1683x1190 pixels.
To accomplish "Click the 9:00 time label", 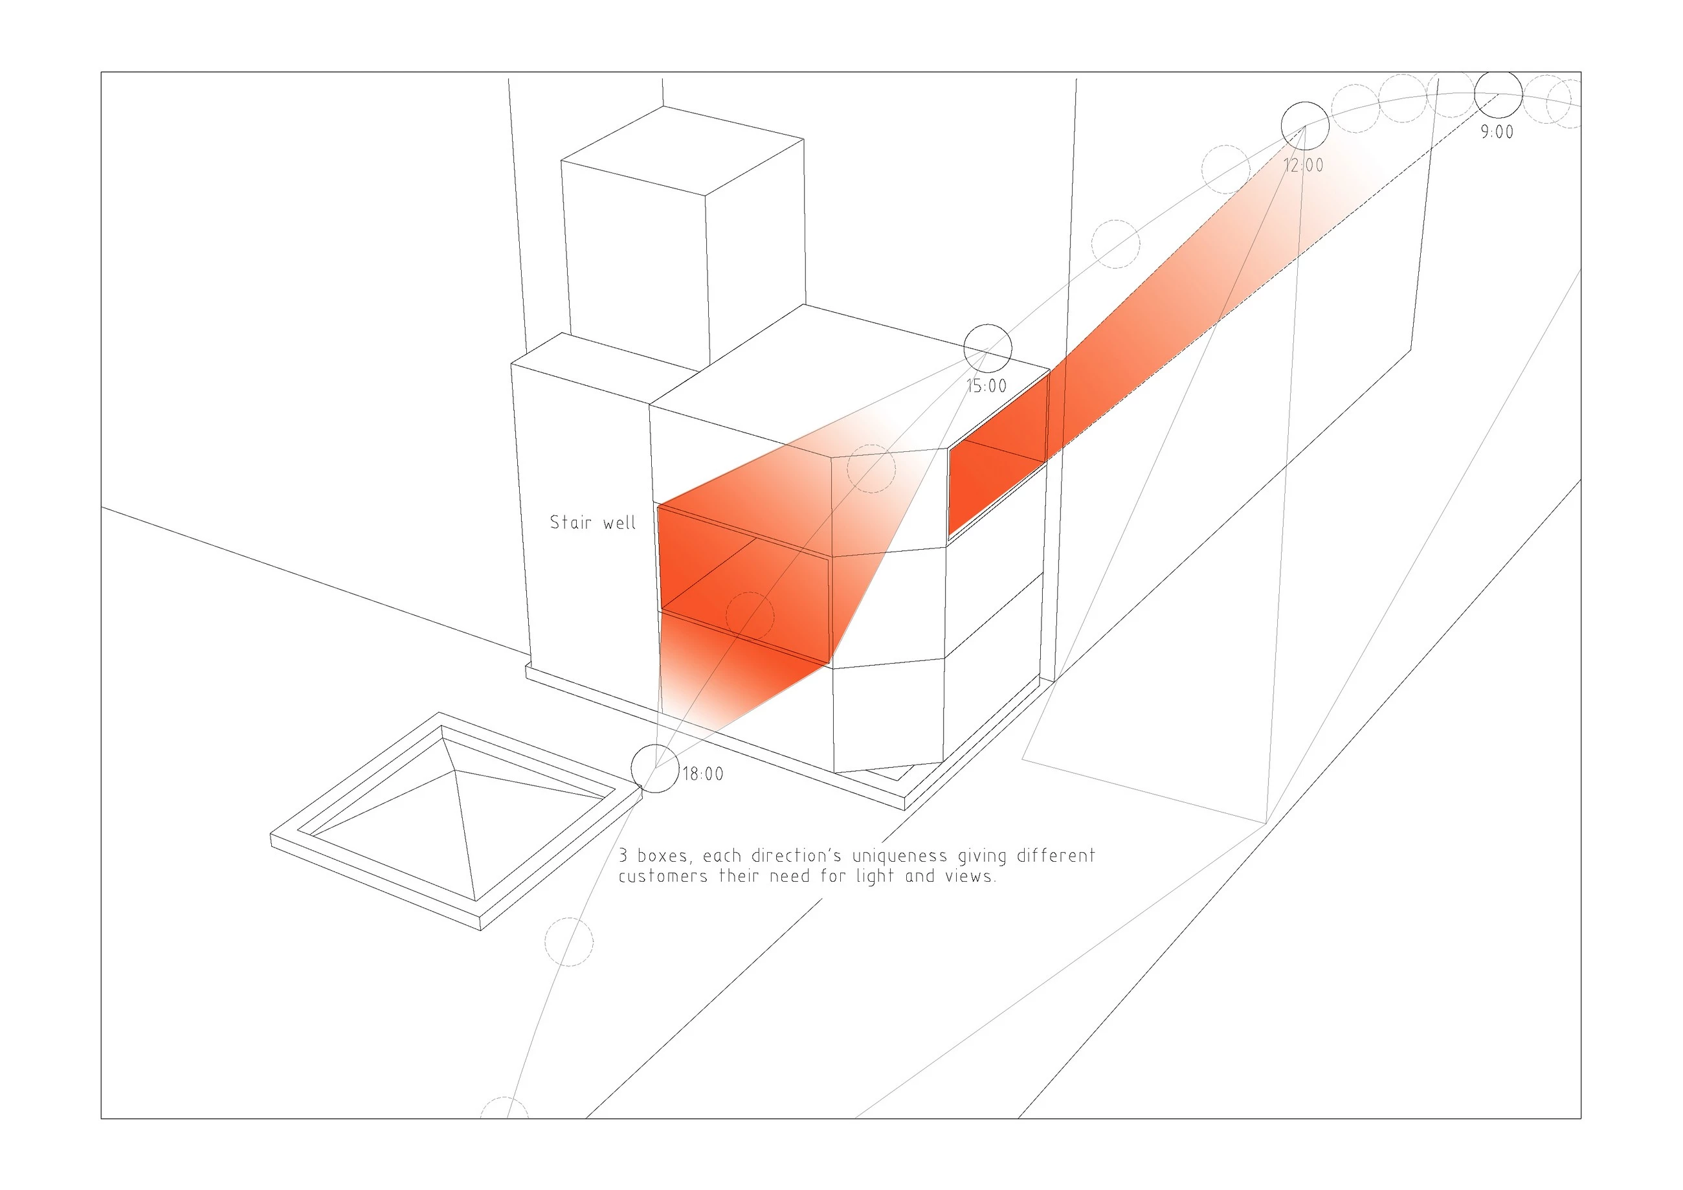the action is [1497, 133].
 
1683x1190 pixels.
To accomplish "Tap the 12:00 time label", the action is [1303, 166].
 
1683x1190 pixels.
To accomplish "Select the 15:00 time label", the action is [986, 387].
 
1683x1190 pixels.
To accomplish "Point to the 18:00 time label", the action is [703, 774].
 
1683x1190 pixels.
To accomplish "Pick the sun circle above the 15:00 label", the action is [964, 348].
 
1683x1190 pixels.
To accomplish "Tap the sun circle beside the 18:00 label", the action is [631, 769].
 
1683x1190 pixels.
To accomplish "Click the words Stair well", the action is [593, 522].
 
